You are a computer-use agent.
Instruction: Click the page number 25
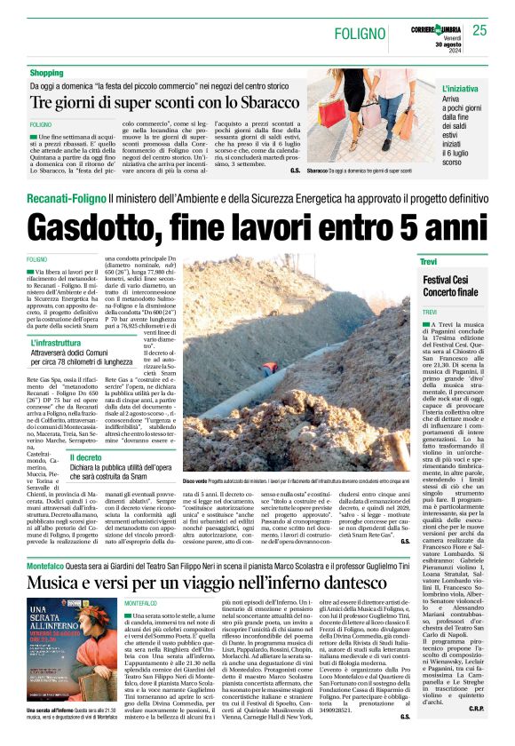[x=479, y=30]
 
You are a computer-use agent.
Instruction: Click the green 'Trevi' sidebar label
[x=432, y=262]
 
